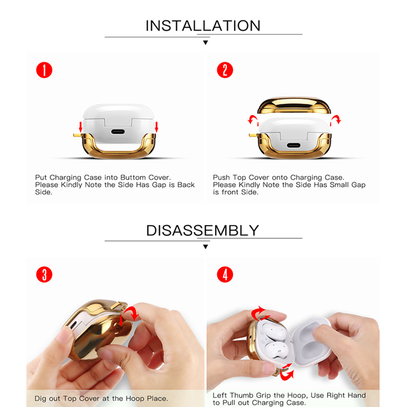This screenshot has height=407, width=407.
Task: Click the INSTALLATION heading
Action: pyautogui.click(x=203, y=26)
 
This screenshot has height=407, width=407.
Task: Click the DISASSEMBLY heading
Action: pyautogui.click(x=202, y=230)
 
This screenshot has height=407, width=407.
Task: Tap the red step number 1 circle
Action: pyautogui.click(x=44, y=70)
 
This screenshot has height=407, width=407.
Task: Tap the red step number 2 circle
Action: pyautogui.click(x=225, y=70)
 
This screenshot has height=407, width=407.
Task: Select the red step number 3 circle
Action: pyautogui.click(x=44, y=275)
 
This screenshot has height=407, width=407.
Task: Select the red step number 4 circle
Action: pyautogui.click(x=225, y=275)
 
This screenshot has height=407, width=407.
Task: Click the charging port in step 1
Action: pyautogui.click(x=118, y=132)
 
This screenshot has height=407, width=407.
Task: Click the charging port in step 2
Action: pyautogui.click(x=294, y=145)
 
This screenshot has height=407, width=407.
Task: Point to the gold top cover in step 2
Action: pyautogui.click(x=294, y=105)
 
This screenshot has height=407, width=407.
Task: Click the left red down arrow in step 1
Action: pyautogui.click(x=80, y=127)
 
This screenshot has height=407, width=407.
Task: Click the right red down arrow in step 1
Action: pyautogui.click(x=156, y=127)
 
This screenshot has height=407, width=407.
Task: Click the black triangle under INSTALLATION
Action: pyautogui.click(x=205, y=43)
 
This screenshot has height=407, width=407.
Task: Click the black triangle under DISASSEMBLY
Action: pyautogui.click(x=205, y=247)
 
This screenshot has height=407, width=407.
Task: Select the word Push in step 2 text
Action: pyautogui.click(x=221, y=178)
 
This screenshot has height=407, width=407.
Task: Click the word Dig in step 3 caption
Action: pyautogui.click(x=40, y=399)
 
